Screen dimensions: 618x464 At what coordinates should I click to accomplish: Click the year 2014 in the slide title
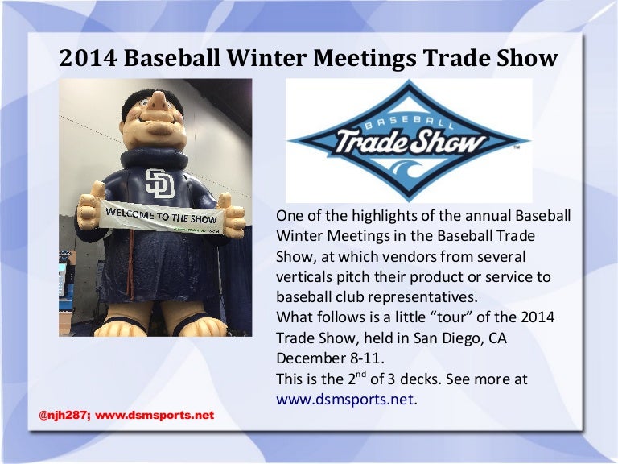click(89, 58)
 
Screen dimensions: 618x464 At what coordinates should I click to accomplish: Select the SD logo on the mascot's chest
click(159, 183)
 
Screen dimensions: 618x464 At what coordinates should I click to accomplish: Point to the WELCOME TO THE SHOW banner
click(163, 217)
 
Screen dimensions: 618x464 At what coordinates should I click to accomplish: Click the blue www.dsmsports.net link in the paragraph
click(345, 400)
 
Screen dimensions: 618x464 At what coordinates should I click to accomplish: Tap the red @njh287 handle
click(64, 416)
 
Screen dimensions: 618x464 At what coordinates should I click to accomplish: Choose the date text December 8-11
click(330, 358)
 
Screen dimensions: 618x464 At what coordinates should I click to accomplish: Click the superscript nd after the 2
click(361, 374)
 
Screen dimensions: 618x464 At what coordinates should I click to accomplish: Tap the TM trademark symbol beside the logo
click(517, 148)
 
